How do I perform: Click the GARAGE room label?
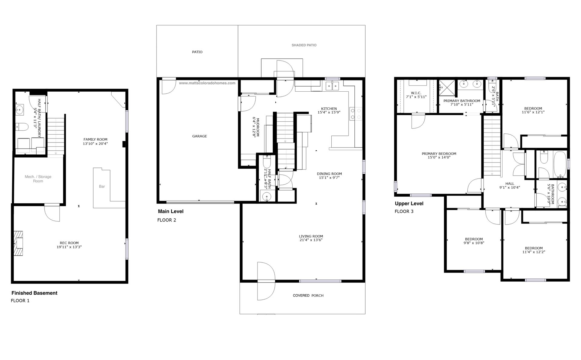(x=199, y=136)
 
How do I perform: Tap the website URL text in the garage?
(x=207, y=83)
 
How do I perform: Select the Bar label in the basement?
(x=102, y=186)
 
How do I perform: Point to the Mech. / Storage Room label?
(x=38, y=179)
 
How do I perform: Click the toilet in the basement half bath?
(x=22, y=126)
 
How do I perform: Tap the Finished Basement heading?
(x=34, y=293)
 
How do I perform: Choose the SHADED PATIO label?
(x=304, y=45)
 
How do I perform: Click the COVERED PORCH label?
(x=308, y=296)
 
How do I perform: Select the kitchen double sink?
(x=333, y=86)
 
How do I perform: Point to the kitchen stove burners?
(x=355, y=114)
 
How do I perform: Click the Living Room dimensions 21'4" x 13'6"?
(x=311, y=240)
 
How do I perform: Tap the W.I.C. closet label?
(x=416, y=93)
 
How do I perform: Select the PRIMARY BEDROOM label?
(x=439, y=154)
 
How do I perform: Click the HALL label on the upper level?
(x=510, y=184)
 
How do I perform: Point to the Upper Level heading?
(x=409, y=204)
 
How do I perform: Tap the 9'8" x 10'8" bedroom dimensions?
(x=474, y=243)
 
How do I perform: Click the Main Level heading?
(x=171, y=211)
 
